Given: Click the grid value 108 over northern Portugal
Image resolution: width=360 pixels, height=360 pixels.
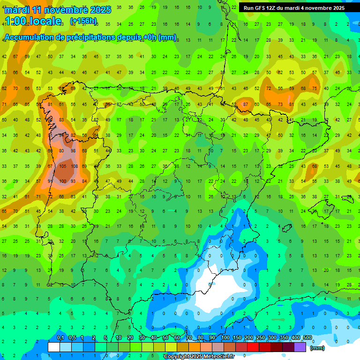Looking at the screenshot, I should [x=74, y=166].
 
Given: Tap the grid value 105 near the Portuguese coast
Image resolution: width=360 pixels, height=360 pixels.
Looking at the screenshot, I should [x=62, y=166].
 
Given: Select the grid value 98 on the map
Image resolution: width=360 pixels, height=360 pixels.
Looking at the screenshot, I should [x=73, y=150].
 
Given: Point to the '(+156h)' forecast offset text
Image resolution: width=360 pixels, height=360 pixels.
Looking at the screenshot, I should [x=83, y=21].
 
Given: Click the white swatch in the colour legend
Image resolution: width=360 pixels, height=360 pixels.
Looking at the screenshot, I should [x=54, y=347].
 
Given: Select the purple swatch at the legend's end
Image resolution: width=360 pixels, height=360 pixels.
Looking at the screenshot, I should [x=300, y=347].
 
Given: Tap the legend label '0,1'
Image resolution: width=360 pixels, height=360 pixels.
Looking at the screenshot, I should [x=60, y=338].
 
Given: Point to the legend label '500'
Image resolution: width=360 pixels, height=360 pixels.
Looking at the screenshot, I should [x=307, y=338].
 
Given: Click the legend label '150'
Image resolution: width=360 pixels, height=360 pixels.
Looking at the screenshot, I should [x=237, y=338].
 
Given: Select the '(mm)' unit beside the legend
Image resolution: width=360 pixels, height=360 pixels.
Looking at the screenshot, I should [x=317, y=348].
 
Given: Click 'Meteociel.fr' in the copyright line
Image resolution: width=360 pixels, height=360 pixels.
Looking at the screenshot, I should [x=216, y=357].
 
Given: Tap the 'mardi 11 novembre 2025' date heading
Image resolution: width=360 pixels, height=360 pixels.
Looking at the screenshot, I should [x=58, y=9].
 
